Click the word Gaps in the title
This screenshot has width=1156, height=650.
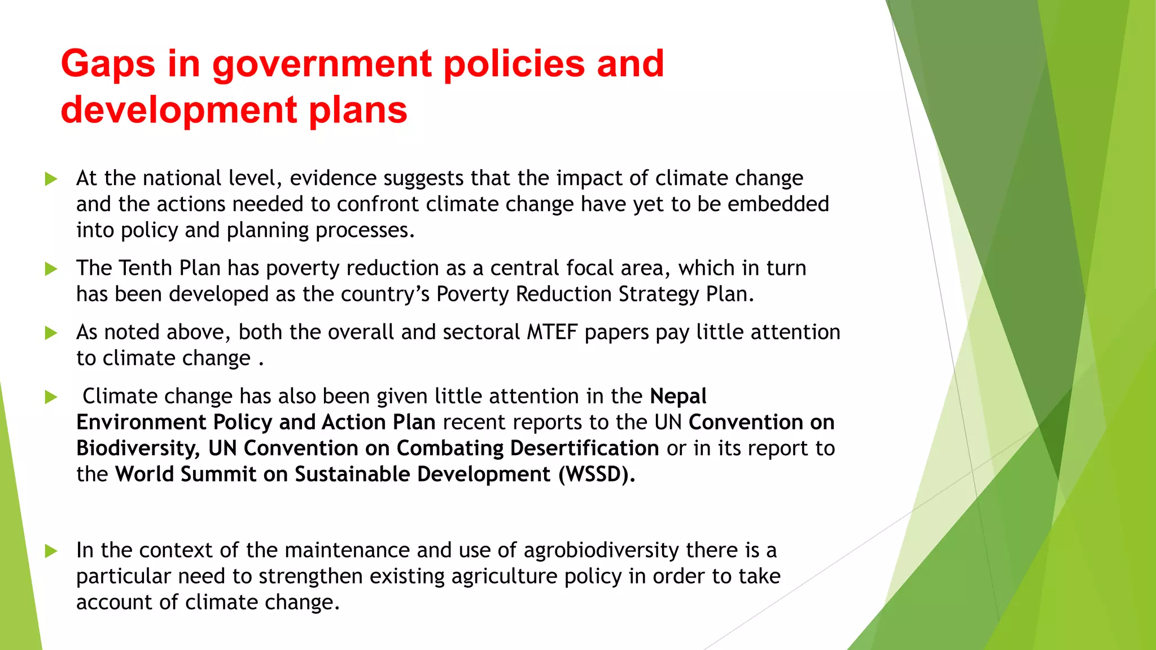(108, 64)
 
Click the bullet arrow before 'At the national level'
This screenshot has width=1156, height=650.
(51, 179)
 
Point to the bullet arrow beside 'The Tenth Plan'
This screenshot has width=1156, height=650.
(51, 269)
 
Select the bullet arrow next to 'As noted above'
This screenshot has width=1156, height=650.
(51, 333)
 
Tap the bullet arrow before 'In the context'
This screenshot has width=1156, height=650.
(51, 551)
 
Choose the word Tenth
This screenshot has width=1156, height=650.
(146, 268)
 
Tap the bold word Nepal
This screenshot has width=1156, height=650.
(678, 397)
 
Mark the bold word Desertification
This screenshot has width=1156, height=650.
(584, 449)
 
